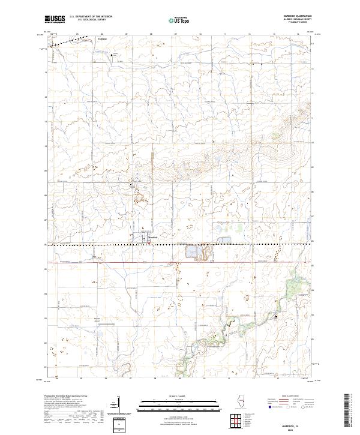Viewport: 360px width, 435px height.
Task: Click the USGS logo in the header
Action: click(55, 19)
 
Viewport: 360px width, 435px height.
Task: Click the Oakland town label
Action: click(102, 40)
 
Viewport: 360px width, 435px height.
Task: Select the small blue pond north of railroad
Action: click(224, 241)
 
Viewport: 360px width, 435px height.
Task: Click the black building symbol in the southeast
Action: click(277, 316)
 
